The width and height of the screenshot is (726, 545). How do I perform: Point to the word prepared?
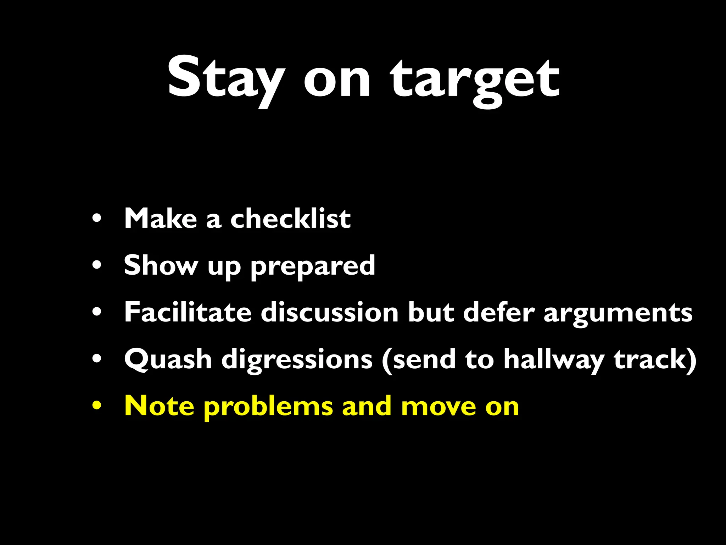313,266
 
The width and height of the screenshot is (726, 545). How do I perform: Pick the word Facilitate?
188,312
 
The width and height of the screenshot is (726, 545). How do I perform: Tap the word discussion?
330,312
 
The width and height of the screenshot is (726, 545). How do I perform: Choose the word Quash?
168,359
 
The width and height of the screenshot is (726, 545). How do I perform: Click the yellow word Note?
159,406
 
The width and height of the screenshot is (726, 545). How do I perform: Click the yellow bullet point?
97,405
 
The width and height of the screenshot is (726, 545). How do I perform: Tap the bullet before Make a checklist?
97,218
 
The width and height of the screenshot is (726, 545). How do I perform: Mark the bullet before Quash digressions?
97,359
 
